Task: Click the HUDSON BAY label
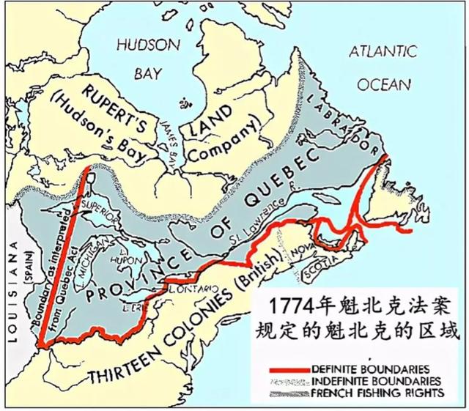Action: pyautogui.click(x=148, y=58)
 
